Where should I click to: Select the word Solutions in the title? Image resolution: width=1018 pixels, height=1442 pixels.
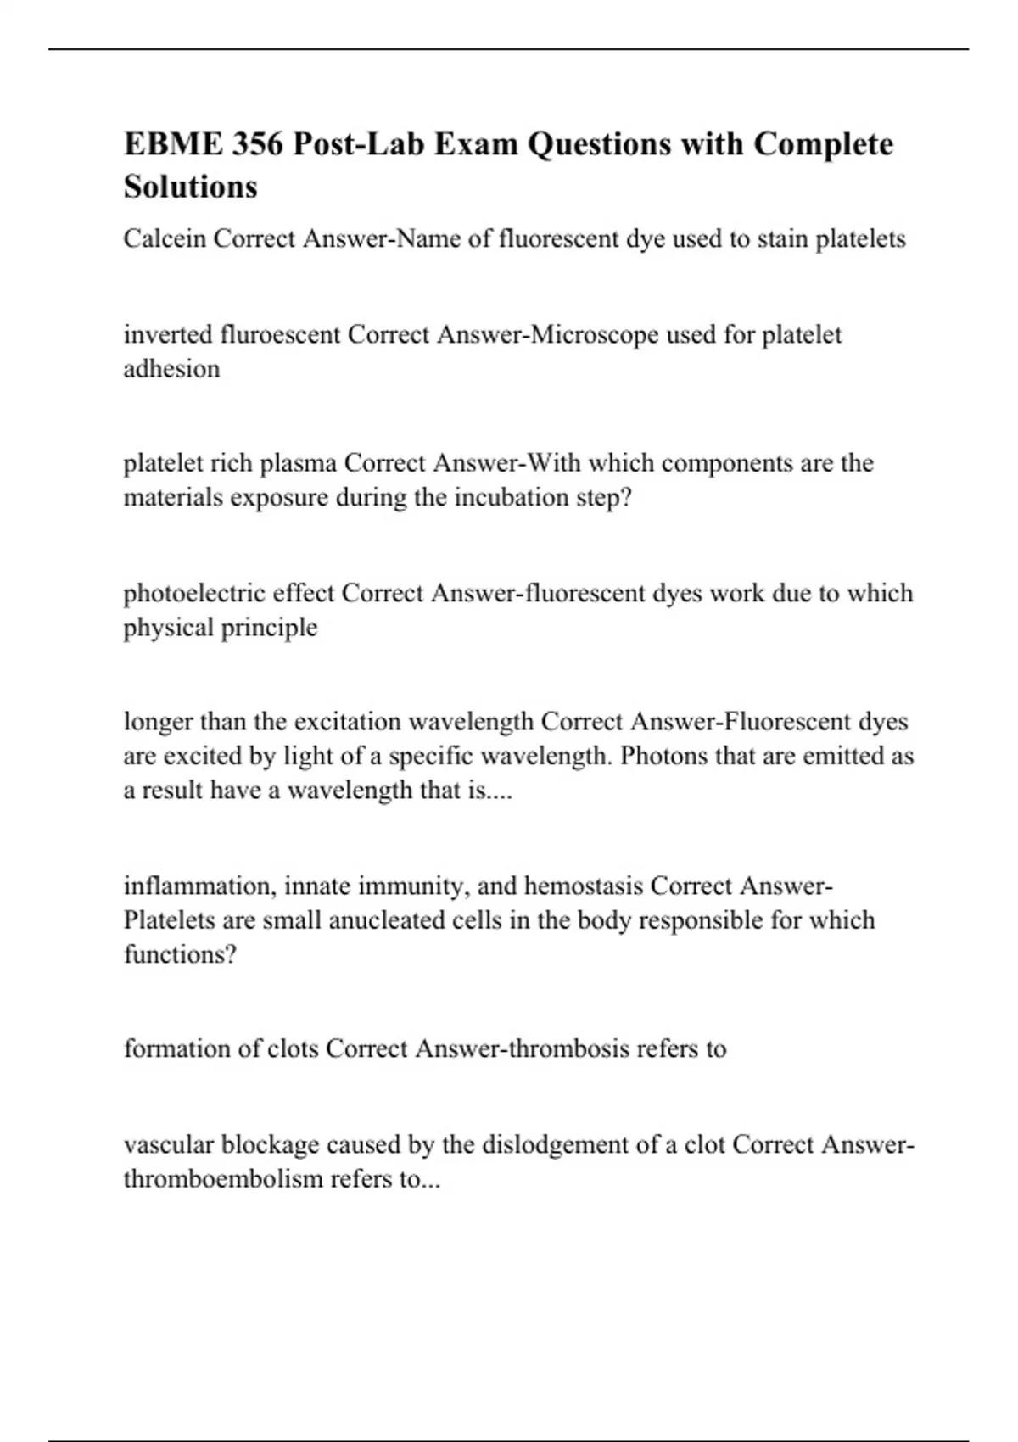pos(191,187)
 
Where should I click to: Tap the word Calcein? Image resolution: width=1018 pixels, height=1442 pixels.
pos(165,239)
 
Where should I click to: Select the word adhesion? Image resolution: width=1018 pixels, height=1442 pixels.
pos(171,369)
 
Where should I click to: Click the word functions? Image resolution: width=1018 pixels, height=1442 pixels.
pos(180,955)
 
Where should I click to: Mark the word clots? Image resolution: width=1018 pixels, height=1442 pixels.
pos(293,1049)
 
